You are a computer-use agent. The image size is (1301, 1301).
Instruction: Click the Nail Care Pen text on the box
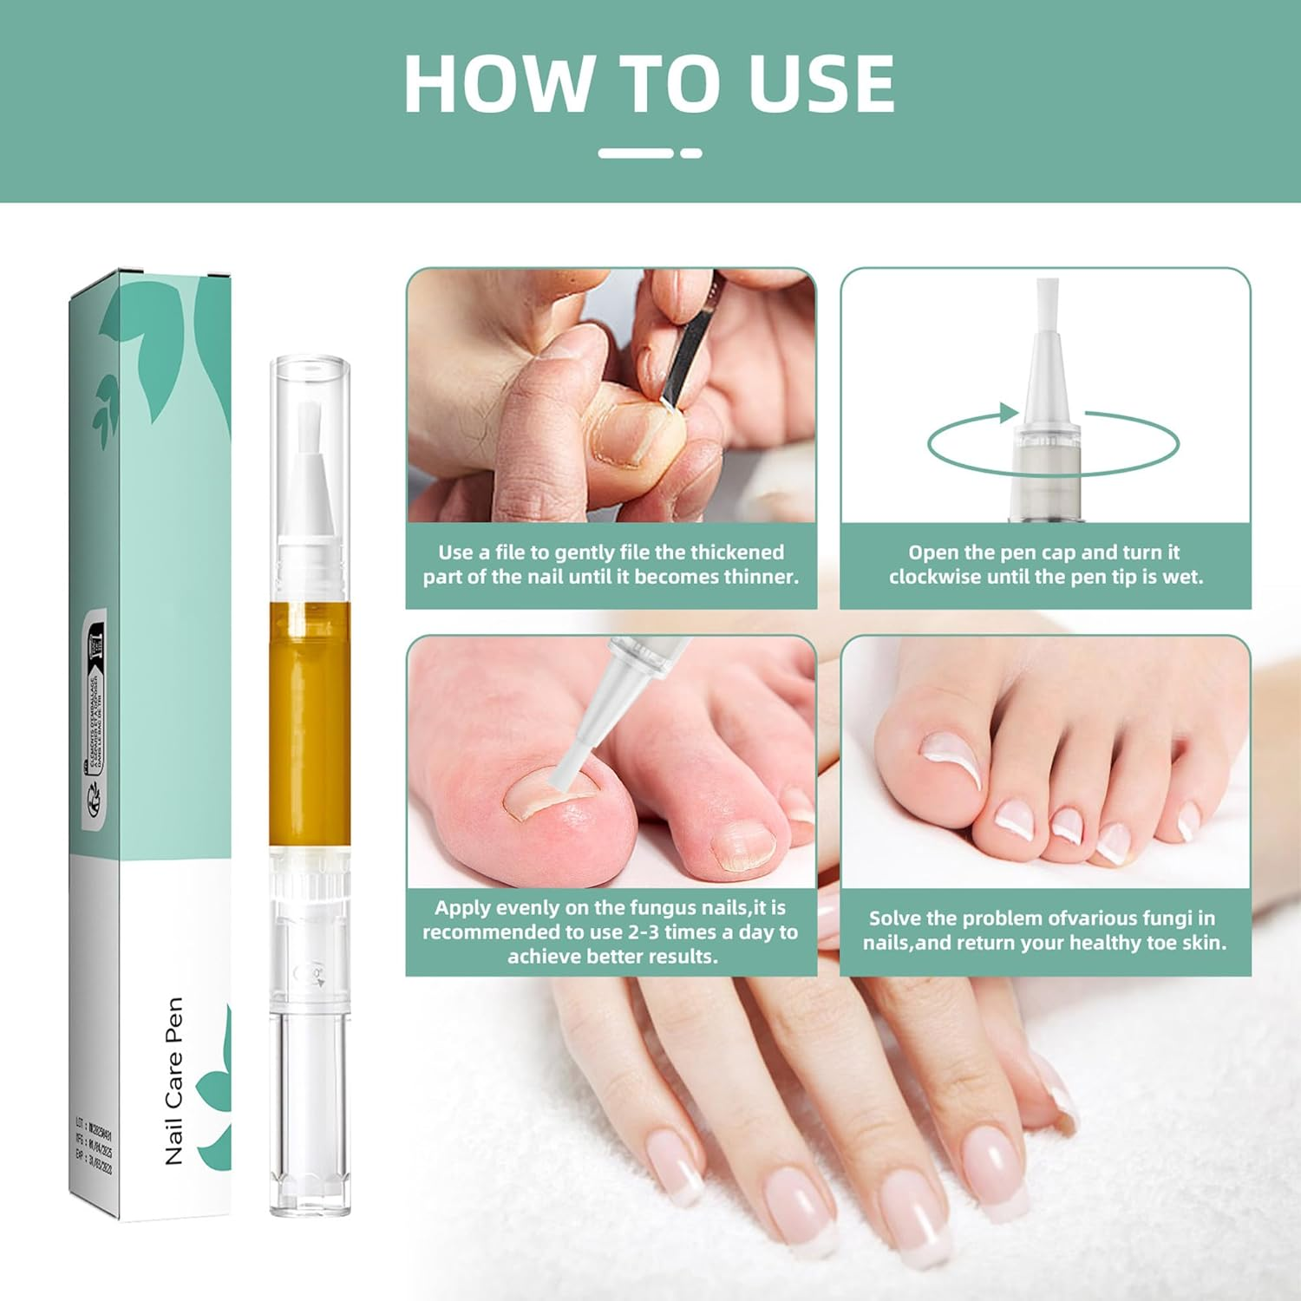173,1080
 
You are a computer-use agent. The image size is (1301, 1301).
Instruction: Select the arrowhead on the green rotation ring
1009,413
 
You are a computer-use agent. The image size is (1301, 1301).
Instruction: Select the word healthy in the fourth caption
1107,943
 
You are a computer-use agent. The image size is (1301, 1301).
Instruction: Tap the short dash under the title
691,153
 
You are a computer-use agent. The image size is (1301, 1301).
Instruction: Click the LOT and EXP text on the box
93,1150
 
